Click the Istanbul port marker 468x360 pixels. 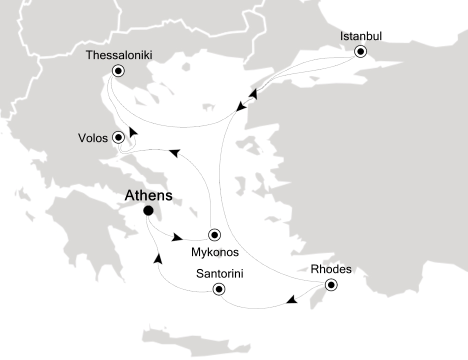tap(360, 51)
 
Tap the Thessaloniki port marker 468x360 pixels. tap(118, 71)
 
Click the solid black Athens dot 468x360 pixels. tap(148, 210)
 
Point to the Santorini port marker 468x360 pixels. tap(218, 288)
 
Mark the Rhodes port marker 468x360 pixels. tap(331, 285)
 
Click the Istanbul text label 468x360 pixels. tap(360, 36)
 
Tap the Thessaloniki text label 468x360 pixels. tap(118, 55)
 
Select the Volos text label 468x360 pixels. tap(93, 137)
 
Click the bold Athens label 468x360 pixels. tap(148, 195)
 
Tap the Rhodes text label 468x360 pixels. tap(331, 269)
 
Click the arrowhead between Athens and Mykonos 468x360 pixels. tap(176, 237)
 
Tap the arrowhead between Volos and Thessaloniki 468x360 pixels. tap(132, 132)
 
